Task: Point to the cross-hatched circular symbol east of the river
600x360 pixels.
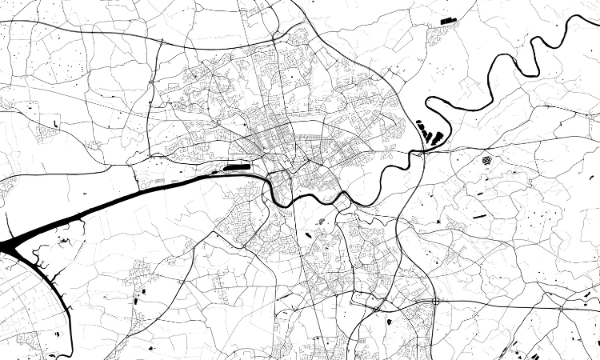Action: [x=486, y=160]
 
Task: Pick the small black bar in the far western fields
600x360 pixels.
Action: [x=57, y=122]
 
